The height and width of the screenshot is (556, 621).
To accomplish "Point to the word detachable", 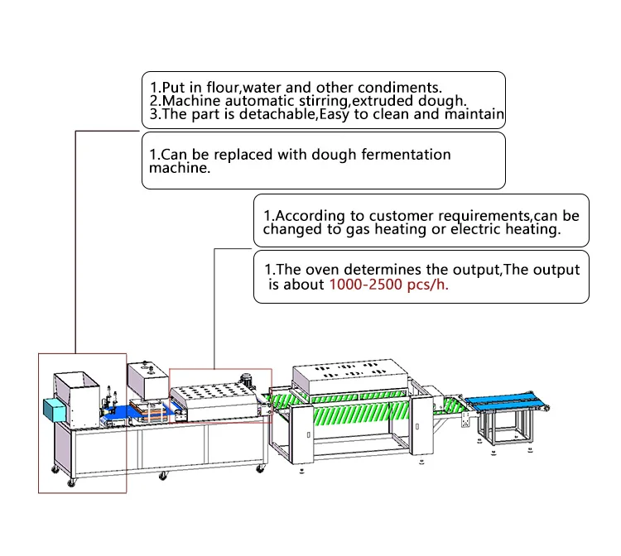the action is tap(277, 114).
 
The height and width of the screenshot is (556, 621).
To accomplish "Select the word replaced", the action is tap(243, 155).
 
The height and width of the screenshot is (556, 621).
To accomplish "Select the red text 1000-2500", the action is tap(365, 285).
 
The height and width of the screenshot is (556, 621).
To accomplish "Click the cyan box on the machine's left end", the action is tap(55, 410).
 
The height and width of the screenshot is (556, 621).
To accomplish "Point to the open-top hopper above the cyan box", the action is tap(77, 395).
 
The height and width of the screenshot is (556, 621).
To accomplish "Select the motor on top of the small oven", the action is tap(247, 380).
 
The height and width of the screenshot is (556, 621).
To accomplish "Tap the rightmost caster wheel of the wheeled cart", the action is tap(260, 468).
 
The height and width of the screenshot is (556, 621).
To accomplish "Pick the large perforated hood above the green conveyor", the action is tap(350, 375).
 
